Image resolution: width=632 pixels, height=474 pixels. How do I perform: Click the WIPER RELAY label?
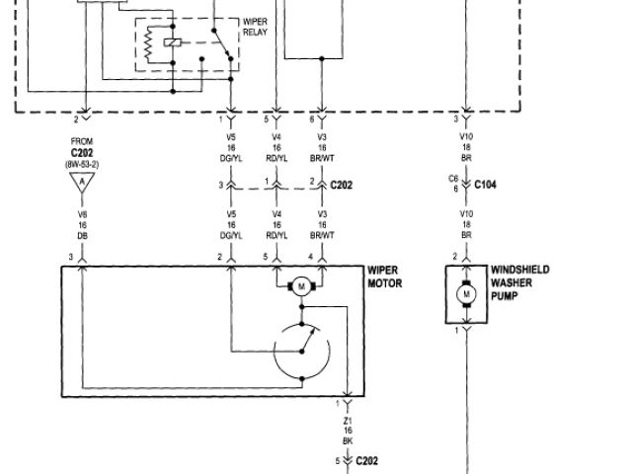[x=256, y=26]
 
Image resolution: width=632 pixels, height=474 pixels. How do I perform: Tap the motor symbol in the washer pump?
[x=464, y=294]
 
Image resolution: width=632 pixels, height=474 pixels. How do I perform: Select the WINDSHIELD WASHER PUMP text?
[x=519, y=281]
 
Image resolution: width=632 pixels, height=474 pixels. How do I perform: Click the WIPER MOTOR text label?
[x=384, y=276]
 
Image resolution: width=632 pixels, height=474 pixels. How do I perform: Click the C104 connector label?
[x=485, y=184]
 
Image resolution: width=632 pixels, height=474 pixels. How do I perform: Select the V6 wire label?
[x=83, y=213]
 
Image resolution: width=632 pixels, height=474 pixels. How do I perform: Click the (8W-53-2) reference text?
[x=83, y=163]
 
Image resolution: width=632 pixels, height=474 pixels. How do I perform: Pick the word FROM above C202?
[x=83, y=142]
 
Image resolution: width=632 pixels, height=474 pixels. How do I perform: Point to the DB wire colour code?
[x=83, y=235]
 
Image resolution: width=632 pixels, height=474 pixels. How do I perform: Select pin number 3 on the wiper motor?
[x=71, y=257]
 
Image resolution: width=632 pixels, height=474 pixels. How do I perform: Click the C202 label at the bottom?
[x=366, y=461]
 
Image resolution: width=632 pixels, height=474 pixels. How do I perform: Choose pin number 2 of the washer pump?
[x=455, y=257]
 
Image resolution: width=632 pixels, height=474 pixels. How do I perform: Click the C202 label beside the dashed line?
[x=341, y=184]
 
